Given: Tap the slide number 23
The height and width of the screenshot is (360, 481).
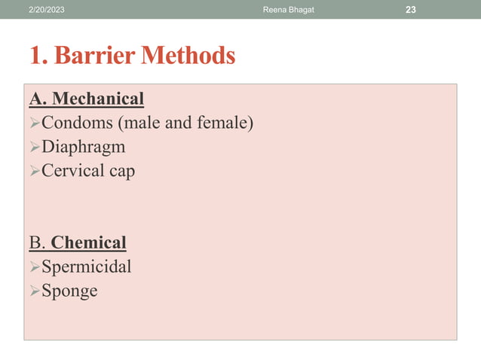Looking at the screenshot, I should (x=410, y=9).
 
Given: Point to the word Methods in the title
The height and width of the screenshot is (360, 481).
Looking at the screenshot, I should (x=189, y=56).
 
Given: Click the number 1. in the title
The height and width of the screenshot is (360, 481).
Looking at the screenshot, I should (x=39, y=56).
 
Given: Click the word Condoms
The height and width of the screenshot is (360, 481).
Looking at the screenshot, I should (x=75, y=123).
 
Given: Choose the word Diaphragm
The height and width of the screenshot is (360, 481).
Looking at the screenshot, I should (x=83, y=147).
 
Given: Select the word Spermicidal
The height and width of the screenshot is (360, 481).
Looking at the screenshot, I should (x=86, y=267).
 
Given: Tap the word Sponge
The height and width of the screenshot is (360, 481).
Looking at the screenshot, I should (x=69, y=291).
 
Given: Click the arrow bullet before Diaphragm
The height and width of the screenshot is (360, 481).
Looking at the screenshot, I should (x=34, y=147).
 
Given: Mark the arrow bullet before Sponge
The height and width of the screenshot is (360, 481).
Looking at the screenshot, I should (x=34, y=291).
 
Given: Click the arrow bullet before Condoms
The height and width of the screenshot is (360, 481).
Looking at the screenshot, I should (x=34, y=123).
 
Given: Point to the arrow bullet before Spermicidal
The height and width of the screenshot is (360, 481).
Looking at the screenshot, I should (x=34, y=267).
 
